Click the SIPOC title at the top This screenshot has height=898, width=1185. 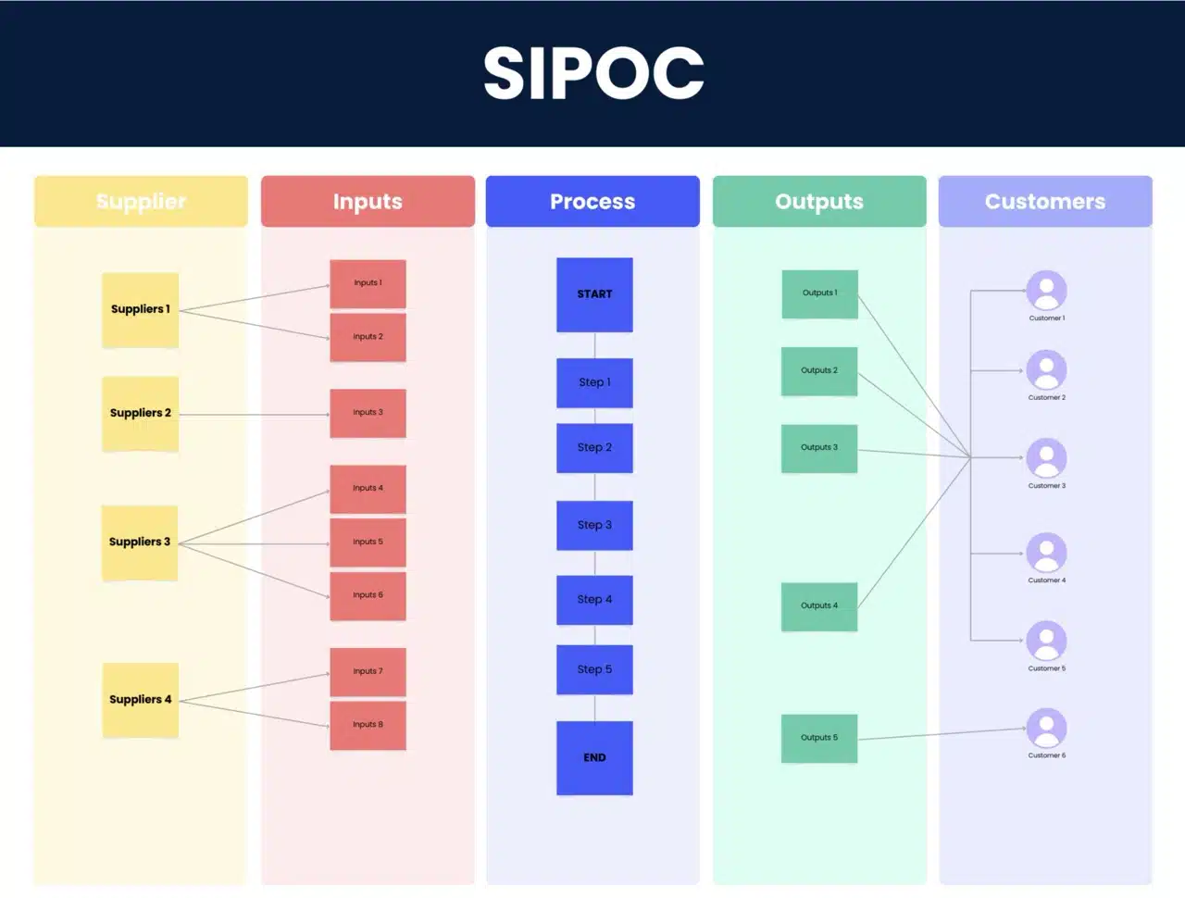(x=593, y=73)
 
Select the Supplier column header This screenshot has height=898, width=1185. (x=141, y=201)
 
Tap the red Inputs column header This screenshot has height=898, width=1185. (x=368, y=201)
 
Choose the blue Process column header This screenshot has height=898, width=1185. (x=592, y=201)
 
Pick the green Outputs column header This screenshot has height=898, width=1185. (x=819, y=201)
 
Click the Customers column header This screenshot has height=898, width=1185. (x=1045, y=201)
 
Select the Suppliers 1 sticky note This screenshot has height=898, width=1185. (x=140, y=310)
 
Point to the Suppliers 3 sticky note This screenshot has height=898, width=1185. (x=140, y=543)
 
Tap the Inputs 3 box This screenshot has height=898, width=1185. (x=368, y=413)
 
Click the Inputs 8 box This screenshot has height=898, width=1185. (x=368, y=725)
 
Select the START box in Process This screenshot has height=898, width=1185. (x=594, y=294)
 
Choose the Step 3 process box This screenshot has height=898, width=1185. (x=594, y=525)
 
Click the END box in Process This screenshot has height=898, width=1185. (x=594, y=757)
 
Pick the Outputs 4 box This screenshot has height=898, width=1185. (x=819, y=606)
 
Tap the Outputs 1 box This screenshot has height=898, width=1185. (x=819, y=293)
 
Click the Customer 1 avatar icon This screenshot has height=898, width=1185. (x=1046, y=291)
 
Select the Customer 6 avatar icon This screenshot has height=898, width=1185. (x=1046, y=728)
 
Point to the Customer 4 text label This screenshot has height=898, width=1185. (x=1046, y=580)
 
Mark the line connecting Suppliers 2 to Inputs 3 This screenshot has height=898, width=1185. (x=255, y=415)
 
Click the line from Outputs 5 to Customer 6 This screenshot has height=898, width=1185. (x=940, y=734)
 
